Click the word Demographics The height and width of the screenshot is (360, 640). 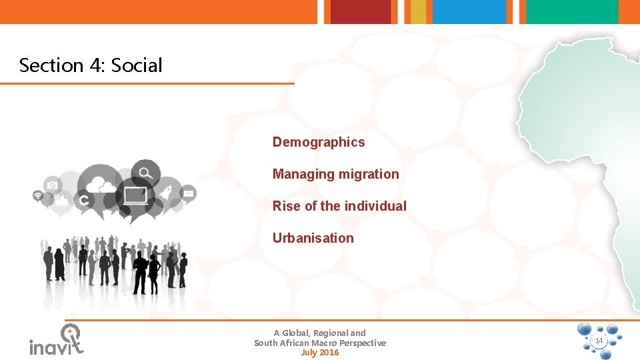click(x=319, y=142)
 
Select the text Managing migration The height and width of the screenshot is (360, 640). click(x=335, y=174)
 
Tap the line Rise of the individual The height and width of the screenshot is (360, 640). click(x=339, y=206)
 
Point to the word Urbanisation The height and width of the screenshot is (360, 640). click(x=313, y=238)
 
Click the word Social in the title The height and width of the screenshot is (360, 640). click(x=137, y=65)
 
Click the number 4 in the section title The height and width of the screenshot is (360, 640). click(x=96, y=65)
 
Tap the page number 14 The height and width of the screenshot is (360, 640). click(x=599, y=341)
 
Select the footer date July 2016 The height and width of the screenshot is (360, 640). click(x=319, y=353)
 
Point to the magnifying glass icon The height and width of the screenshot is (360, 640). click(x=144, y=173)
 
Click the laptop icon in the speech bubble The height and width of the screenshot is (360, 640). click(x=135, y=195)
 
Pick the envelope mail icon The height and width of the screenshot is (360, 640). click(x=189, y=193)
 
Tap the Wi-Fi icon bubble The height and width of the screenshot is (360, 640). click(x=38, y=196)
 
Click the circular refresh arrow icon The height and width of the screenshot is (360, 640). click(x=85, y=200)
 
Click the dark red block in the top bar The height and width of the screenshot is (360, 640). click(x=361, y=11)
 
